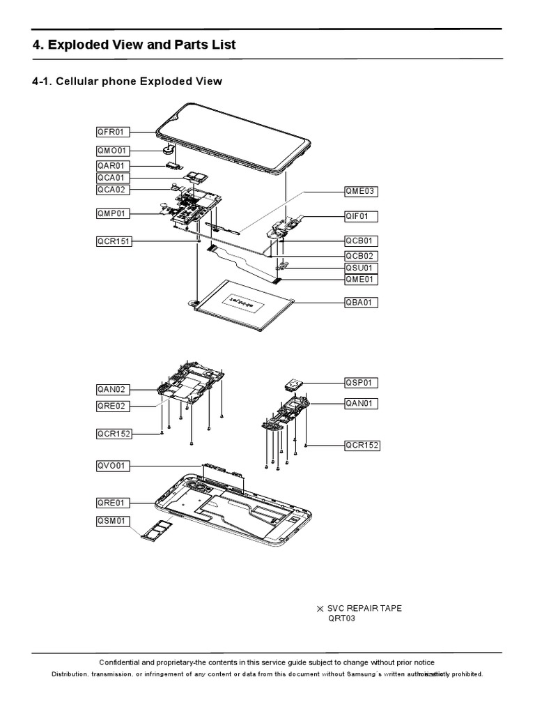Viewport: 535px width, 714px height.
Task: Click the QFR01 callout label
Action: click(113, 131)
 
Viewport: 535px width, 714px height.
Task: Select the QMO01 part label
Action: click(113, 150)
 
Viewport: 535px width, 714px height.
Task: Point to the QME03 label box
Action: click(362, 190)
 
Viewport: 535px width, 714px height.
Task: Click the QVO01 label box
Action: click(113, 466)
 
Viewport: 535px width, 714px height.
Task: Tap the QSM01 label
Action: click(113, 521)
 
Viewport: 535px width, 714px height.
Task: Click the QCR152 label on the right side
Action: click(362, 446)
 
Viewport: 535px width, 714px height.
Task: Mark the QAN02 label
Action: click(113, 389)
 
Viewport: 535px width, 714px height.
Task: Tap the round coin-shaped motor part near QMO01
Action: click(168, 147)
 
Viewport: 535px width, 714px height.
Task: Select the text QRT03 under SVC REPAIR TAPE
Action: click(341, 618)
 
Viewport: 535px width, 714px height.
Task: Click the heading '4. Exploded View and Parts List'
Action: click(134, 45)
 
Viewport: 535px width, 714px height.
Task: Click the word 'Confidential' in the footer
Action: click(123, 662)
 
